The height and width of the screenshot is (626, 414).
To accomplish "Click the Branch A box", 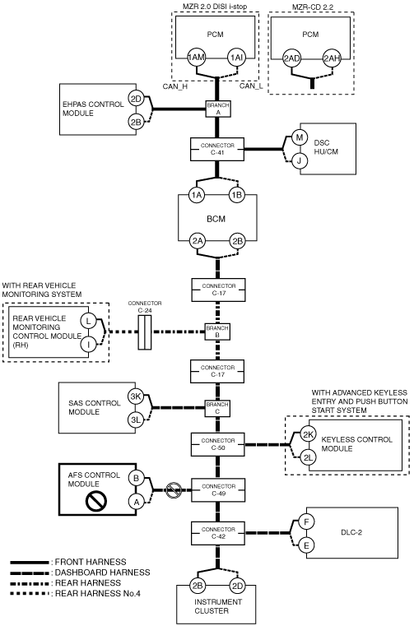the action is pyautogui.click(x=218, y=109).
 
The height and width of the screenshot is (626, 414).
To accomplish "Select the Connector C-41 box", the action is pyautogui.click(x=217, y=150).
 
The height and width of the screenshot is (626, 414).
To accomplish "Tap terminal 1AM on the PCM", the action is pyautogui.click(x=196, y=58).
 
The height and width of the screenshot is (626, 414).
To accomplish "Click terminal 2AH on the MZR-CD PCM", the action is pyautogui.click(x=331, y=58).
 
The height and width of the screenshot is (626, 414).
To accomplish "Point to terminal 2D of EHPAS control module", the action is pyautogui.click(x=137, y=98).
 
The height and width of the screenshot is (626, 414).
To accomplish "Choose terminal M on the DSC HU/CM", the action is pyautogui.click(x=299, y=137).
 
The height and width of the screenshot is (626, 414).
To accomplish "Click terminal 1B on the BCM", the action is pyautogui.click(x=236, y=195).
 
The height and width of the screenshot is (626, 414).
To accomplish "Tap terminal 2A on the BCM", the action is pyautogui.click(x=198, y=241).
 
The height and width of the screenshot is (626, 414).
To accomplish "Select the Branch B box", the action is pyautogui.click(x=217, y=332).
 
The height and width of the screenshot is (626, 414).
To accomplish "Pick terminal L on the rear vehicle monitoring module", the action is pyautogui.click(x=88, y=321).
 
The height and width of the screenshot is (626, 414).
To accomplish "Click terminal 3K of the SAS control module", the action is pyautogui.click(x=137, y=396).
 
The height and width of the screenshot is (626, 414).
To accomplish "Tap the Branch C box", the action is pyautogui.click(x=217, y=408).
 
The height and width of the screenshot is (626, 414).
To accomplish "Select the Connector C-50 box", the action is pyautogui.click(x=218, y=444).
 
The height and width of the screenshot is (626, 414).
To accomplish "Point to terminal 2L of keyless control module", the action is pyautogui.click(x=308, y=458).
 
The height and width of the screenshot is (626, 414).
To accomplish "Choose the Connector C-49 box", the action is pyautogui.click(x=218, y=490).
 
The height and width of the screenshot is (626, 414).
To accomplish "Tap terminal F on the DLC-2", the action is pyautogui.click(x=306, y=522).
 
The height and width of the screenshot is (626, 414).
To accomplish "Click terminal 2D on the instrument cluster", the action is pyautogui.click(x=237, y=586).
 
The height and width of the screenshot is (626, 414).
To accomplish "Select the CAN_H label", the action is pyautogui.click(x=174, y=86).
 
